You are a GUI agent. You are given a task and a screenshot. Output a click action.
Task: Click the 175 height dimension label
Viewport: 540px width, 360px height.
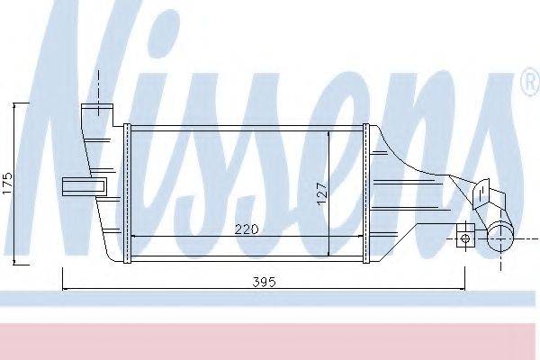click(6, 184)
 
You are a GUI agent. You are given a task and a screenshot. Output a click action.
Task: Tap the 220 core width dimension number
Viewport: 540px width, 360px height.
click(247, 229)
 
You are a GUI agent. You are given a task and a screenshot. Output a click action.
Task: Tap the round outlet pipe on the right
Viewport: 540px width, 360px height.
click(499, 238)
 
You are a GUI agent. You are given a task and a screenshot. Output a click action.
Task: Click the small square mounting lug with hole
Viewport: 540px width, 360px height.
click(464, 238)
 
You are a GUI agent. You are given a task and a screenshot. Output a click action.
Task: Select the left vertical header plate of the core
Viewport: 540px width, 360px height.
click(128, 193)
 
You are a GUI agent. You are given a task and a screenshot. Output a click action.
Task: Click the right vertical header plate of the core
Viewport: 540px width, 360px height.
click(366, 193)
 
